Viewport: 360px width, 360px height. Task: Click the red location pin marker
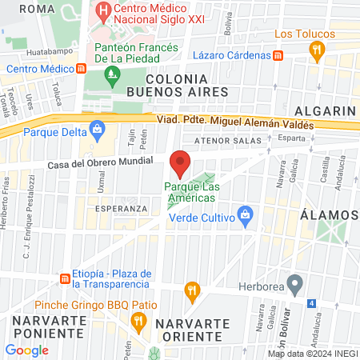tap(180, 164)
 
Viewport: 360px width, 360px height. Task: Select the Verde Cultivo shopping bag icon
tap(246, 216)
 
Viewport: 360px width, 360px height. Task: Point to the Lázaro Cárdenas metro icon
tap(278, 56)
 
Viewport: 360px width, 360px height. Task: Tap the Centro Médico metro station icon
tap(82, 69)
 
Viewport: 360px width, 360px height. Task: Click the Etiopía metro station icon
tap(64, 279)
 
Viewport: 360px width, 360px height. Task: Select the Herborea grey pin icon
tap(295, 284)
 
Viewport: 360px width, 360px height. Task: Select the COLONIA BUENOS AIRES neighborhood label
tap(188, 86)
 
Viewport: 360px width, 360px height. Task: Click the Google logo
tap(27, 350)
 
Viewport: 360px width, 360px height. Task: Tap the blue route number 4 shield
tap(311, 303)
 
